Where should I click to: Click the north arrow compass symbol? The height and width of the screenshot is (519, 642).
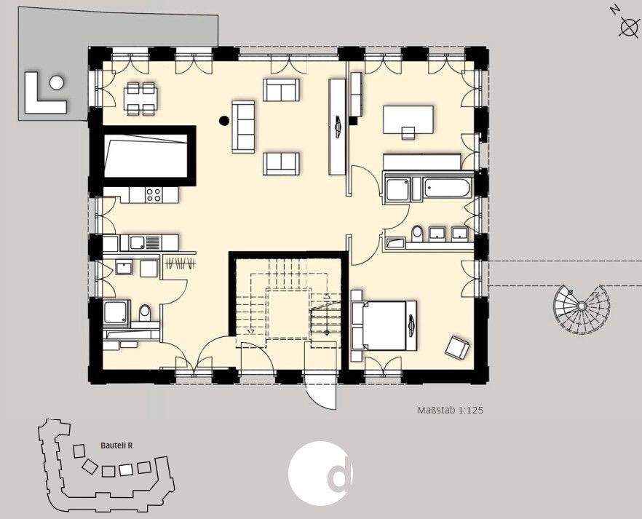627,27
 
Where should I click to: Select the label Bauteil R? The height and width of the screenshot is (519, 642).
116,446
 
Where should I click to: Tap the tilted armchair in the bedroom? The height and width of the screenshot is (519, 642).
457,348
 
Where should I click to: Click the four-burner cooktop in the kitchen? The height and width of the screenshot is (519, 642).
153,194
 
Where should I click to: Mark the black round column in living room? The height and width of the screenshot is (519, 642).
223,122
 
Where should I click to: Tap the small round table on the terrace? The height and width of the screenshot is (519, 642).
57,82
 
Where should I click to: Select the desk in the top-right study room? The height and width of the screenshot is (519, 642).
408,118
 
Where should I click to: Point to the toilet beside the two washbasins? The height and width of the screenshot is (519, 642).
417,233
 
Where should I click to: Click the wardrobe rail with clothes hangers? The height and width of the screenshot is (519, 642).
181,263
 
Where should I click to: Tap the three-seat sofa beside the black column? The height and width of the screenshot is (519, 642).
243,127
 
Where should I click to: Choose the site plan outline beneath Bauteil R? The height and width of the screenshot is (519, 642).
105,470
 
